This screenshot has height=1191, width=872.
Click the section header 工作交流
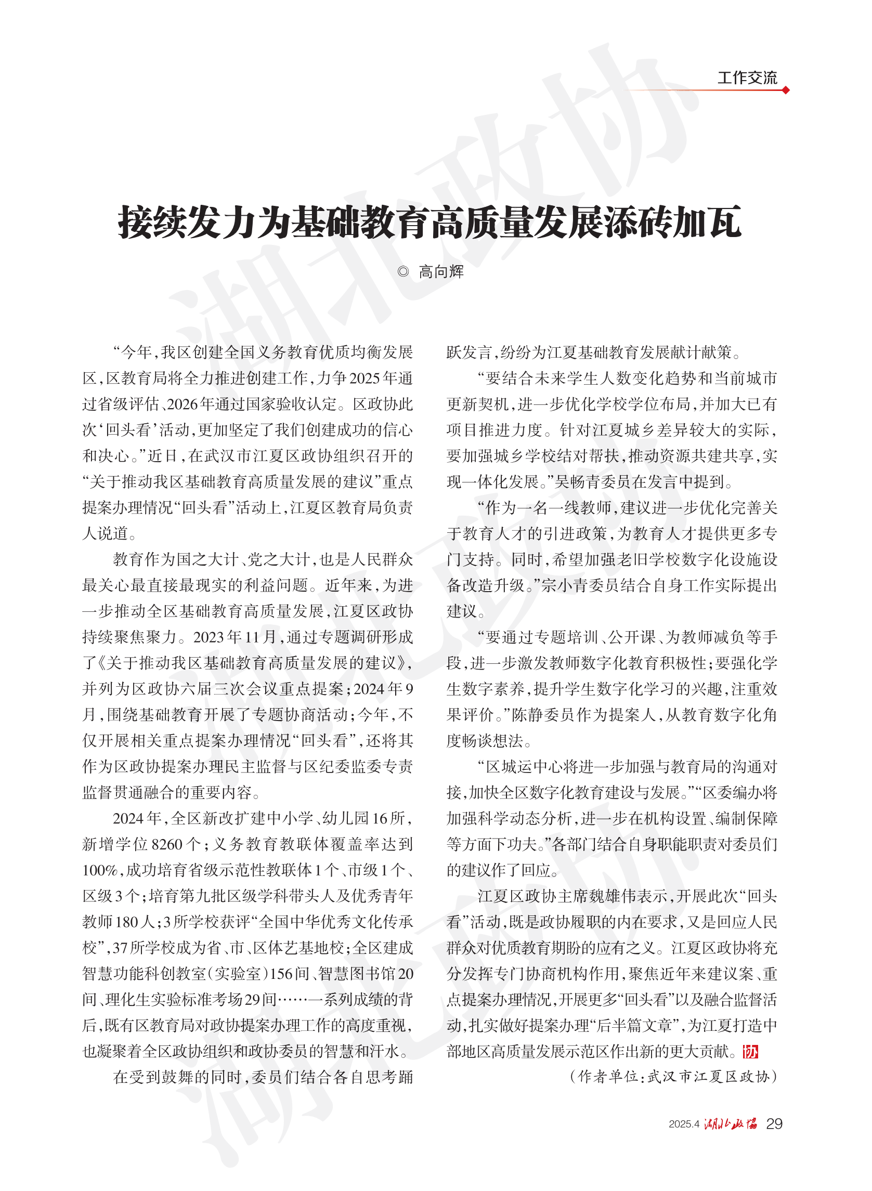(x=746, y=78)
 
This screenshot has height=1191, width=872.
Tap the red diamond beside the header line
(x=786, y=90)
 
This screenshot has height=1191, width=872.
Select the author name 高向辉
(x=441, y=272)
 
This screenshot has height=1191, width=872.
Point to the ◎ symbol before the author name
(x=403, y=272)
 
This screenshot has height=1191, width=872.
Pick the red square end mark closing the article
(x=750, y=1052)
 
